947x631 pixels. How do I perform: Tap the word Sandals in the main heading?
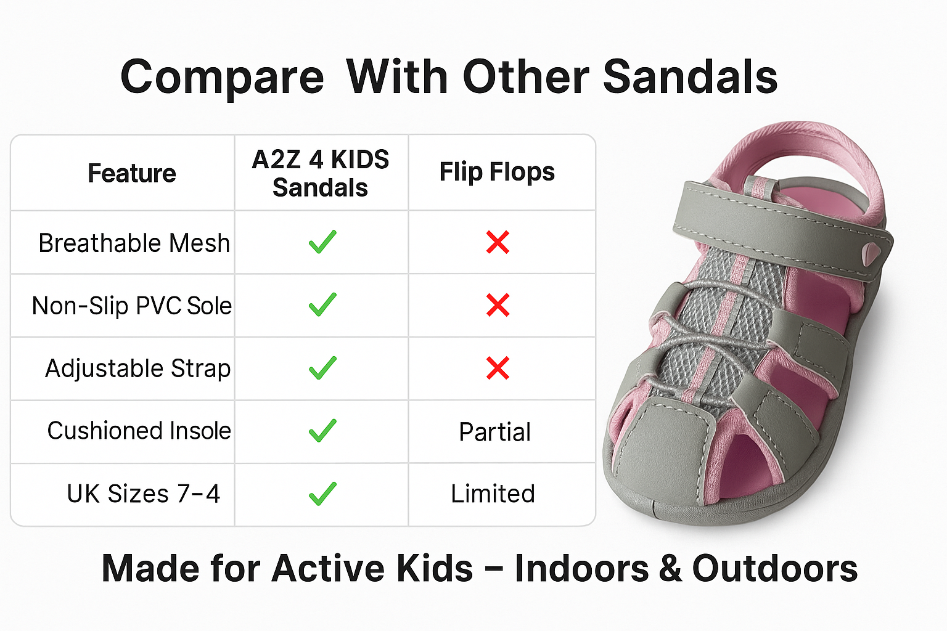[x=690, y=76]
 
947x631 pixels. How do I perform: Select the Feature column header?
[x=132, y=173]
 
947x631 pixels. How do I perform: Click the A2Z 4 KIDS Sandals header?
[x=320, y=173]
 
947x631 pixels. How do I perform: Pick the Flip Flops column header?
[x=497, y=171]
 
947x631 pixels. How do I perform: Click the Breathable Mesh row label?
[x=134, y=243]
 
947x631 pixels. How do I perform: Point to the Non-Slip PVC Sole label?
[x=132, y=306]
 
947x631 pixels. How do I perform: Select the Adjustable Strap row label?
[x=138, y=368]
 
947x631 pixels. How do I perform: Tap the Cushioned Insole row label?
[x=139, y=431]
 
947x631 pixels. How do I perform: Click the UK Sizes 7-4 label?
[x=143, y=494]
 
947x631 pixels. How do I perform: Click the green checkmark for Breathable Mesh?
[x=322, y=242]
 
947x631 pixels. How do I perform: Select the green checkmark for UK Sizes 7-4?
[x=322, y=494]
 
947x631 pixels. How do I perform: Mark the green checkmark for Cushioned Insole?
[x=322, y=431]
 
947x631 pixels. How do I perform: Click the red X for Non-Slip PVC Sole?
[x=498, y=305]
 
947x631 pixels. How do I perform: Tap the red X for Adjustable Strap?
[x=498, y=368]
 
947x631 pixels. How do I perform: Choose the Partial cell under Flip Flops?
[x=495, y=432]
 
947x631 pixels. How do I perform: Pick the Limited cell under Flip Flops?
[x=493, y=494]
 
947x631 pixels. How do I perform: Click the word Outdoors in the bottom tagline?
[x=775, y=568]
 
